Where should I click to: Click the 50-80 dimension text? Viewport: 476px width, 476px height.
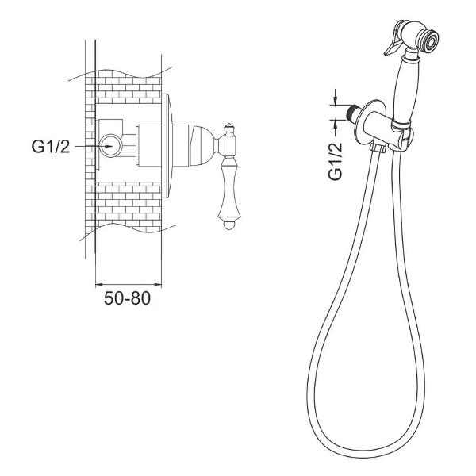(127, 298)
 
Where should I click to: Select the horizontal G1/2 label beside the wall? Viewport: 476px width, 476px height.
(51, 147)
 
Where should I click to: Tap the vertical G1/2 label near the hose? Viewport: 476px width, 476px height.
(335, 161)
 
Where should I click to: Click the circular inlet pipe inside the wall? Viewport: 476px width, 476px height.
(111, 146)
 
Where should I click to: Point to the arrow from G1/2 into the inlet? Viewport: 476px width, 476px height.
(94, 146)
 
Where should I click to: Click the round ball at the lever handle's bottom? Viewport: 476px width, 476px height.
(229, 225)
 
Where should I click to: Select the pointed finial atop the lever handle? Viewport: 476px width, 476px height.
(229, 127)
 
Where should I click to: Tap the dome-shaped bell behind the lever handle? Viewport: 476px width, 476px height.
(203, 146)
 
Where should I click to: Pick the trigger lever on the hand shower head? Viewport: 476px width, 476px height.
(394, 40)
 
